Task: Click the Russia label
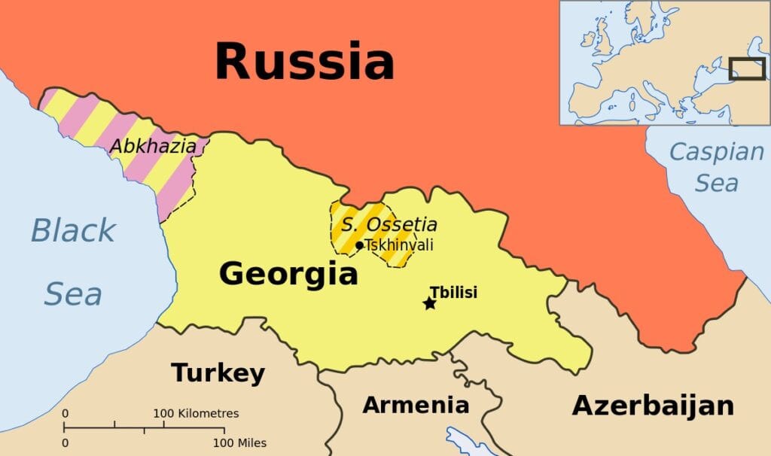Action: tap(304, 62)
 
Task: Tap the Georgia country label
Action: tap(288, 273)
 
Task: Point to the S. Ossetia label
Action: tap(389, 224)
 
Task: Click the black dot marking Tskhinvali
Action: tap(359, 245)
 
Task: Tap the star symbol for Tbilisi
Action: tap(429, 303)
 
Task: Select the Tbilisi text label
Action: tap(453, 293)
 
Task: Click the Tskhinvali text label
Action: tap(399, 245)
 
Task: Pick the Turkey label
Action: tap(218, 372)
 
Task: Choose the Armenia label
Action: tap(416, 405)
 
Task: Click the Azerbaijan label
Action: tap(653, 405)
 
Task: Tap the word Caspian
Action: tap(716, 153)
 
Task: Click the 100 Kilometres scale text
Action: tap(196, 414)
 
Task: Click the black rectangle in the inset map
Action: tap(746, 68)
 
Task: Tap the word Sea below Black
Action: tap(72, 294)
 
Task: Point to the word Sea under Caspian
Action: tap(716, 183)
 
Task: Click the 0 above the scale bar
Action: tap(66, 414)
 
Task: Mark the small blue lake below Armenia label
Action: tap(460, 440)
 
